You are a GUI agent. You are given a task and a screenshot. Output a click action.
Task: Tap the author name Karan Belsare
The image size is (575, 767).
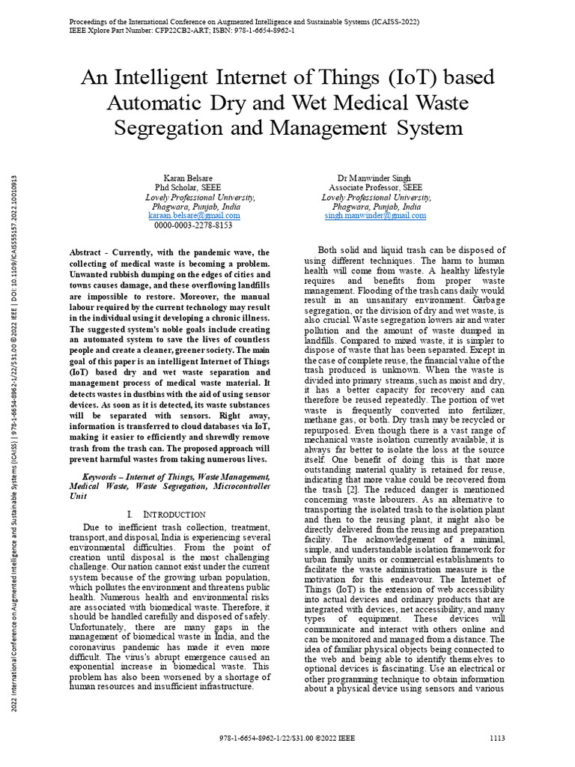coord(178,178)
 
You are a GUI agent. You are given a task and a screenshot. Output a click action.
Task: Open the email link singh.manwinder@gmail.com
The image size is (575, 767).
coord(375,215)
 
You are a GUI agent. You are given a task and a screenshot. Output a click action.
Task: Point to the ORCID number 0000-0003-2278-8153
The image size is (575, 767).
coord(193,225)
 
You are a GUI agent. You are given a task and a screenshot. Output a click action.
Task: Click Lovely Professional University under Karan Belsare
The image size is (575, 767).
coord(199,197)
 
